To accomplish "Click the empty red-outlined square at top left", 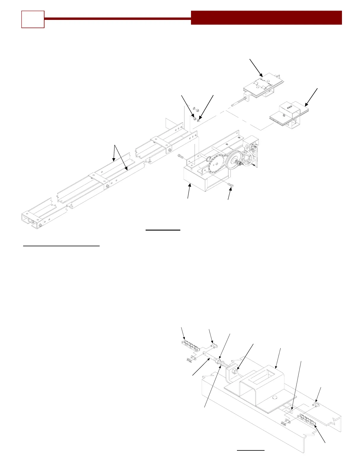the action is (33, 19).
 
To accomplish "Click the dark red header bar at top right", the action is (266, 18).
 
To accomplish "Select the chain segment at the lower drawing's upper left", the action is (189, 346).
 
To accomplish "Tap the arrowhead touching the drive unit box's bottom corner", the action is (190, 185).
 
